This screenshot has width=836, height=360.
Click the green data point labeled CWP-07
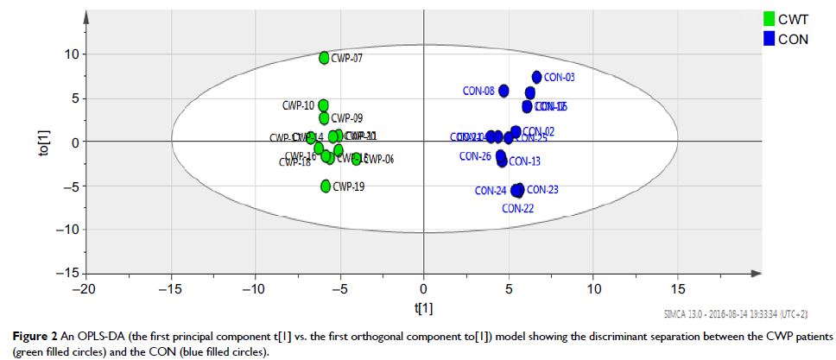tap(324, 58)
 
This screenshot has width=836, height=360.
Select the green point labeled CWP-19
tap(326, 186)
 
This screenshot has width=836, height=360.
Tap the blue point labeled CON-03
tap(536, 78)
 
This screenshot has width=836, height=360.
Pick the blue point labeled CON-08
tap(503, 91)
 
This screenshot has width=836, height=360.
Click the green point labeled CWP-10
tap(323, 105)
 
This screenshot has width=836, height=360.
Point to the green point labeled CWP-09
tap(324, 118)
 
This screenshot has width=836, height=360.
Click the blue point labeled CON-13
tap(503, 161)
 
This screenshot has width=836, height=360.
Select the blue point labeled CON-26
tap(500, 155)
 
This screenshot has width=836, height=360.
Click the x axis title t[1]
tap(423, 308)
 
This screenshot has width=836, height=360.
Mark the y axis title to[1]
tap(18, 142)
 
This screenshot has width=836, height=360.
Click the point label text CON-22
tap(516, 208)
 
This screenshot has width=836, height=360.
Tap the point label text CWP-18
tap(294, 161)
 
